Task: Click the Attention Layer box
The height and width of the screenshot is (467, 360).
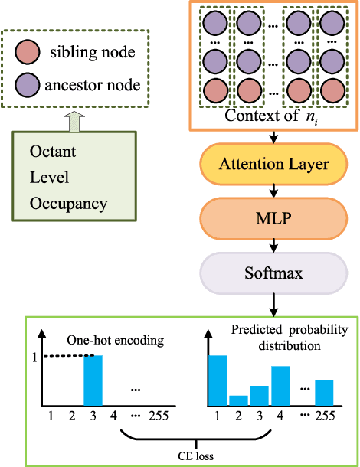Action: pos(274,164)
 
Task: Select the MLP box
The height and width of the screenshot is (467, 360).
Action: pos(274,218)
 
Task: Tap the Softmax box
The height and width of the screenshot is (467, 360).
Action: pos(274,272)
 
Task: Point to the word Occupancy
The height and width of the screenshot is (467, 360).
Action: pos(68,204)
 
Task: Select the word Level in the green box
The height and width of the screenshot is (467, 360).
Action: pos(49,178)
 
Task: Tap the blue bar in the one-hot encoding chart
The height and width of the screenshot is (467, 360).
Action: pos(93,380)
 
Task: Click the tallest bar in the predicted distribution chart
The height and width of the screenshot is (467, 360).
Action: pos(218,380)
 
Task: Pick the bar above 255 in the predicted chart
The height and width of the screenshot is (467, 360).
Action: pos(325,392)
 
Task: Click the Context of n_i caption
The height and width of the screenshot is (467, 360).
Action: pos(271,116)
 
